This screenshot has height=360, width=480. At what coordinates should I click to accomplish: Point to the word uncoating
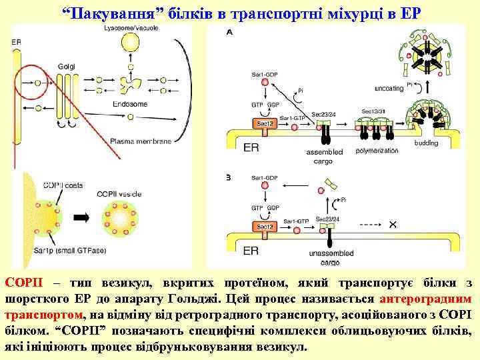pyautogui.click(x=389, y=88)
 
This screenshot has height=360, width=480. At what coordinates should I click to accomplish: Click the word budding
pyautogui.click(x=426, y=143)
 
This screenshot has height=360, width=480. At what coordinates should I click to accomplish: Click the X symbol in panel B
pyautogui.click(x=393, y=225)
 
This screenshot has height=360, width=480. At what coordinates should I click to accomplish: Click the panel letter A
pyautogui.click(x=230, y=31)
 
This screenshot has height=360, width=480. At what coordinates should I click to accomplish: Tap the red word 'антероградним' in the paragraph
pyautogui.click(x=423, y=299)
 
